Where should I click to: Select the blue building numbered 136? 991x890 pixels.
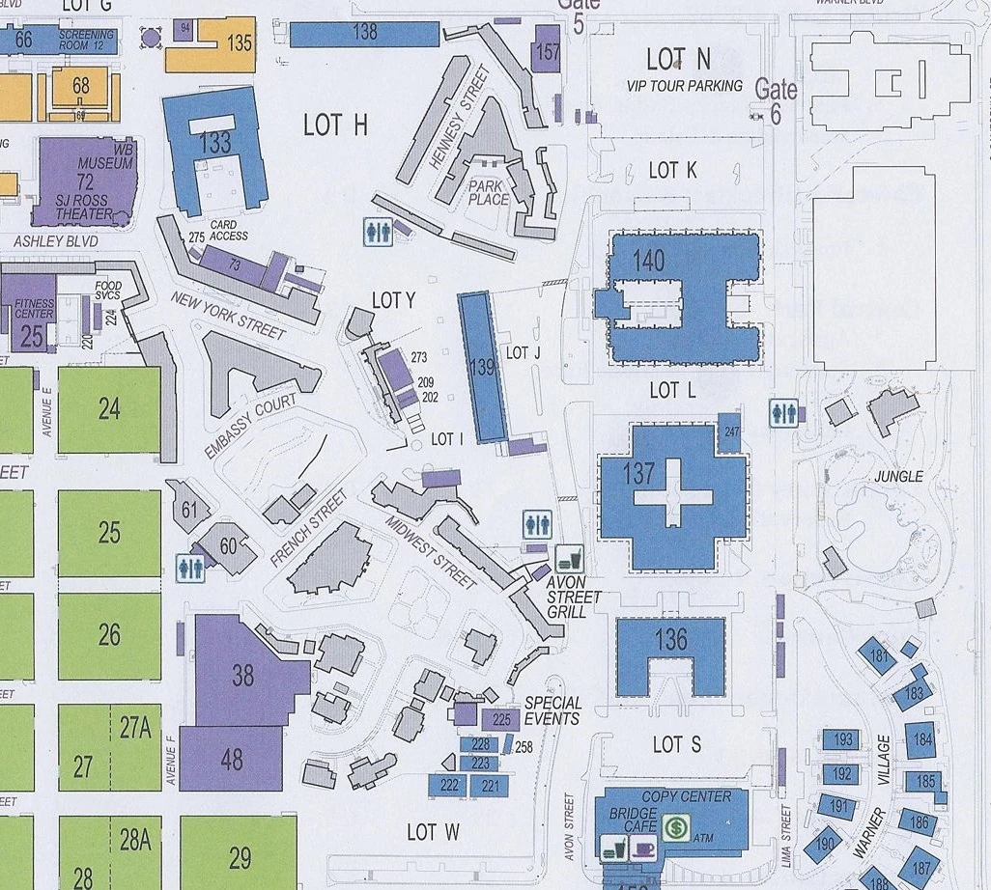[x=670, y=639]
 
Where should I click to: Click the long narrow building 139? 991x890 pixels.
[x=483, y=368]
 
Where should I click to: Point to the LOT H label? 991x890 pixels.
[x=335, y=125]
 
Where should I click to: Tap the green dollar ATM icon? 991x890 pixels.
[x=676, y=827]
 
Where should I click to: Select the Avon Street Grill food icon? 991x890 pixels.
[x=569, y=559]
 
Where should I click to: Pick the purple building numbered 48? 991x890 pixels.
[x=232, y=760]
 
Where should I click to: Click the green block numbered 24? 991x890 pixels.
[x=109, y=409]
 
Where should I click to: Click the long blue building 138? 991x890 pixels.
[x=364, y=33]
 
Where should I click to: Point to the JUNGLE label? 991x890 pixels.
[x=898, y=476]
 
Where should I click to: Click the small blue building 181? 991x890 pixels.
[x=879, y=657]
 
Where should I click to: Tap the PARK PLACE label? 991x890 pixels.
[x=489, y=192]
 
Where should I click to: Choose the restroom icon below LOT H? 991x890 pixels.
[x=378, y=232]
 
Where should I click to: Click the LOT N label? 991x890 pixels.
[x=678, y=60]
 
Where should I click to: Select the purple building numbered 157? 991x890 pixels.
[x=548, y=51]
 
